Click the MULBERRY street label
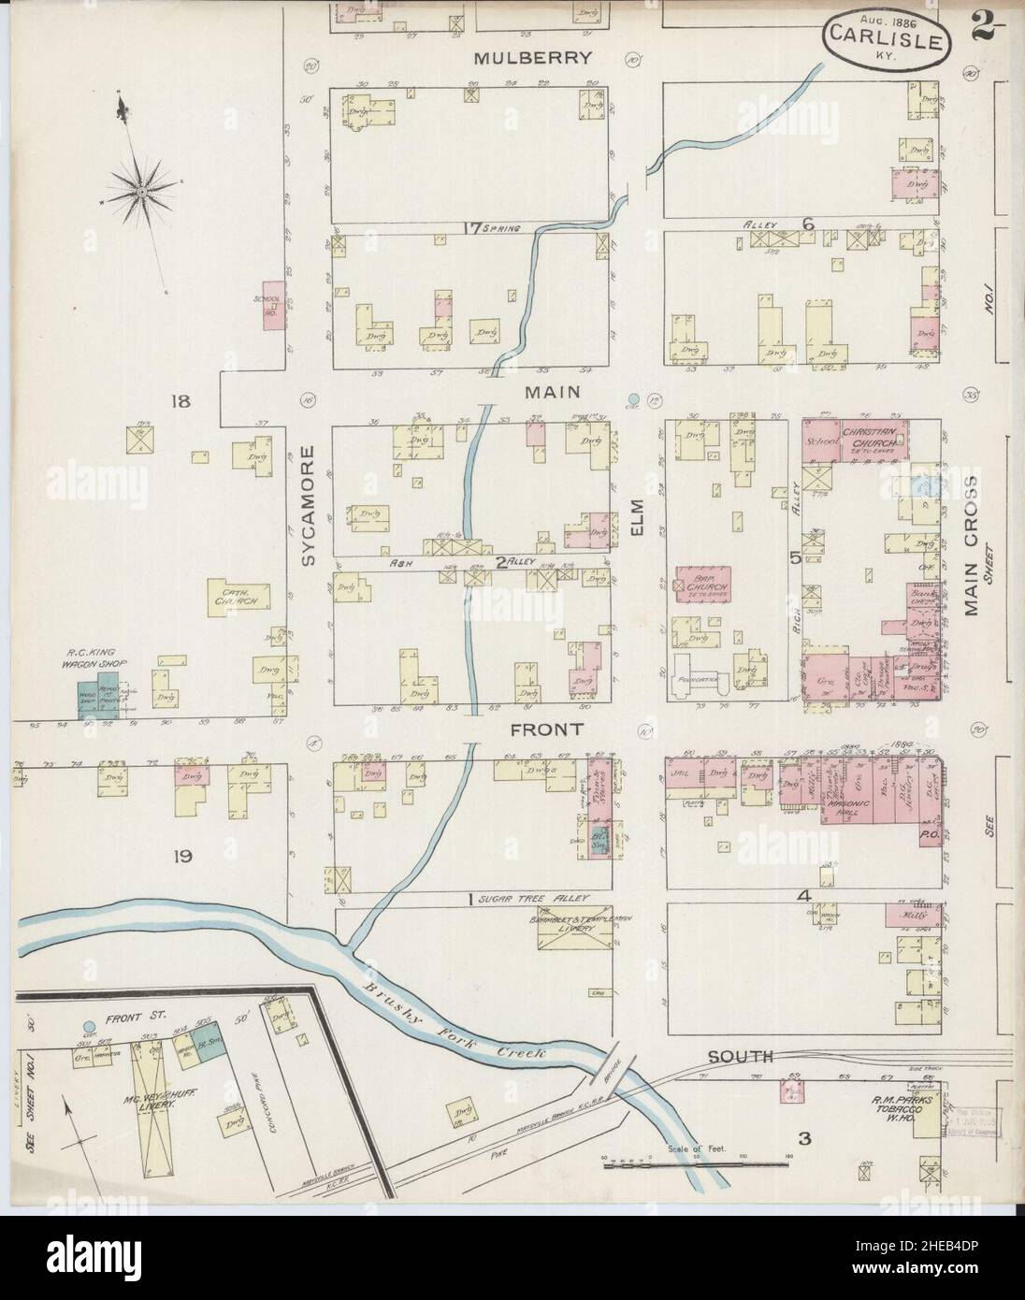point(532,58)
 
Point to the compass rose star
point(141,192)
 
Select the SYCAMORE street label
point(310,505)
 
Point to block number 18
point(180,402)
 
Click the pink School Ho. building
point(273,306)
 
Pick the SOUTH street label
point(740,1057)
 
